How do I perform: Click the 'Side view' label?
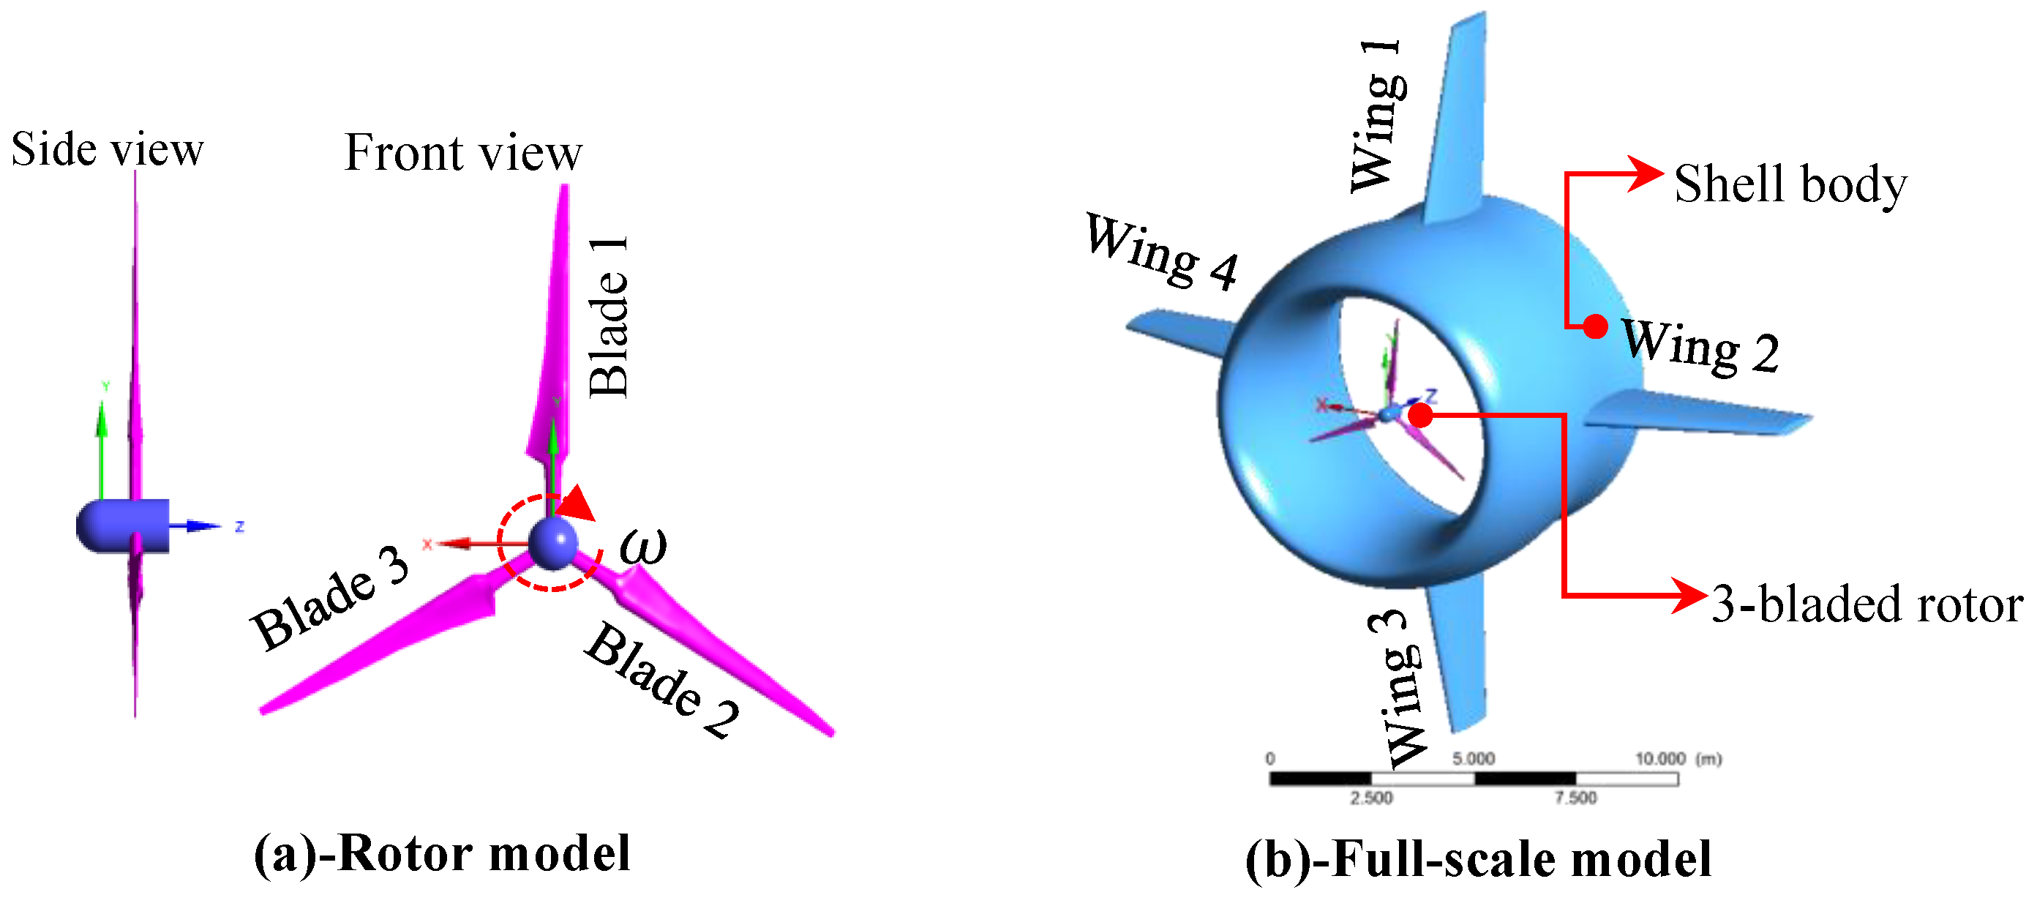[x=108, y=149]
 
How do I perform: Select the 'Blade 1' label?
[x=609, y=316]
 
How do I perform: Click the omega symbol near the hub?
[x=643, y=545]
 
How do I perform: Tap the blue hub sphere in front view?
[x=552, y=542]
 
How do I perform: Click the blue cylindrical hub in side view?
[x=124, y=525]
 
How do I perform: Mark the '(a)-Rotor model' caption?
[x=442, y=854]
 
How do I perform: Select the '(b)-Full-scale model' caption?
[x=1478, y=859]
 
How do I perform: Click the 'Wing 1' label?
[x=1378, y=116]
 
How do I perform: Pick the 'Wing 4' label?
[x=1161, y=252]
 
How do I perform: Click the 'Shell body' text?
[x=1790, y=184]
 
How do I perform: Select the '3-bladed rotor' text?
[x=1867, y=604]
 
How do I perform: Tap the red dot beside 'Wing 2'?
[x=1596, y=326]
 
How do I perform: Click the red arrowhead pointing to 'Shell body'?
[x=1646, y=173]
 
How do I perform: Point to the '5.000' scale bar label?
[x=1473, y=759]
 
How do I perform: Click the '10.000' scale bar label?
[x=1661, y=759]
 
